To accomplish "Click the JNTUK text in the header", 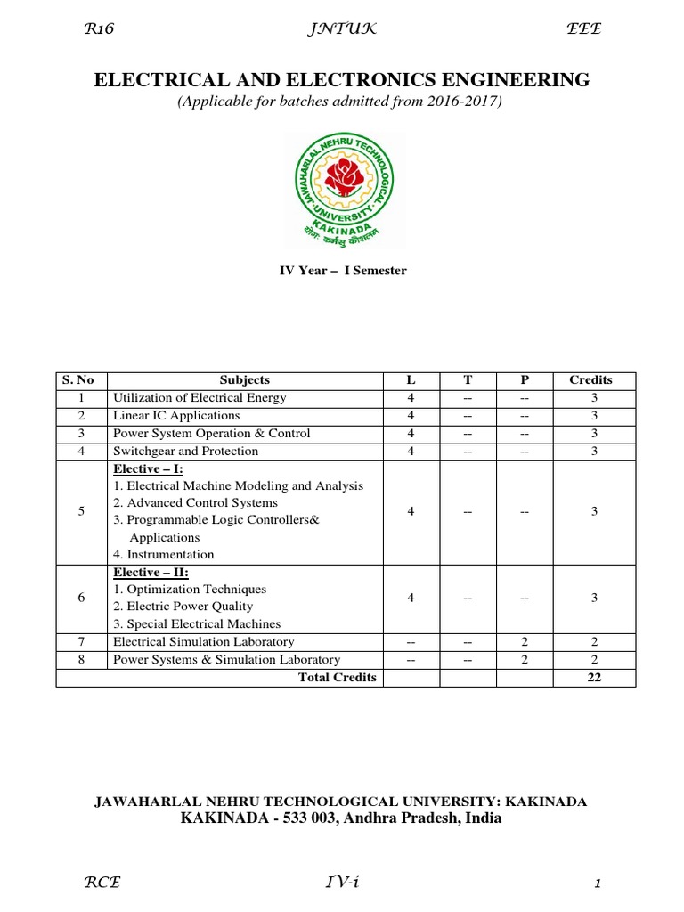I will [x=341, y=29].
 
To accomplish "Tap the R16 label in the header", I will [x=99, y=29].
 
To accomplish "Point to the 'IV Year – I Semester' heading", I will [x=343, y=271].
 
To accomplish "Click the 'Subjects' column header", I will [x=244, y=380].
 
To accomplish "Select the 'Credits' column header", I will [x=590, y=380].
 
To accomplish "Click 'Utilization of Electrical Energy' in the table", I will [x=199, y=398].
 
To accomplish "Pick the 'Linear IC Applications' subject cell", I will [x=176, y=416].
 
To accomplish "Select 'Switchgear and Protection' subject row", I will [x=185, y=452].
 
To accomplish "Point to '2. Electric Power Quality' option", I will [x=183, y=607].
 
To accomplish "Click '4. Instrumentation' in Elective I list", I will [x=164, y=555].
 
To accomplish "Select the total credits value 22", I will [x=594, y=678].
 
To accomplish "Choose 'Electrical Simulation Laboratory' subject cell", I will [x=203, y=642].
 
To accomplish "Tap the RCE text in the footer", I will [x=102, y=883].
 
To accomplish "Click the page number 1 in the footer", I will [x=598, y=884].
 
